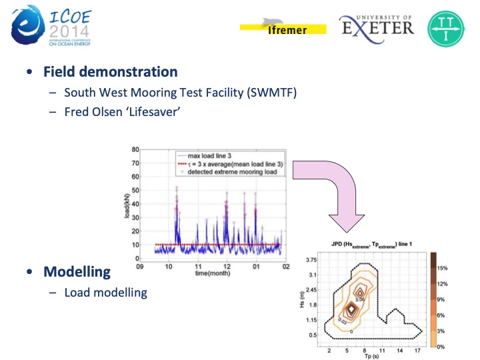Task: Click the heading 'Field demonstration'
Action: (110, 72)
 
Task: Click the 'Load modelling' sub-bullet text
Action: (105, 292)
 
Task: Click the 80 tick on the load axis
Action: (135, 149)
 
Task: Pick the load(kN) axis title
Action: (125, 203)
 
